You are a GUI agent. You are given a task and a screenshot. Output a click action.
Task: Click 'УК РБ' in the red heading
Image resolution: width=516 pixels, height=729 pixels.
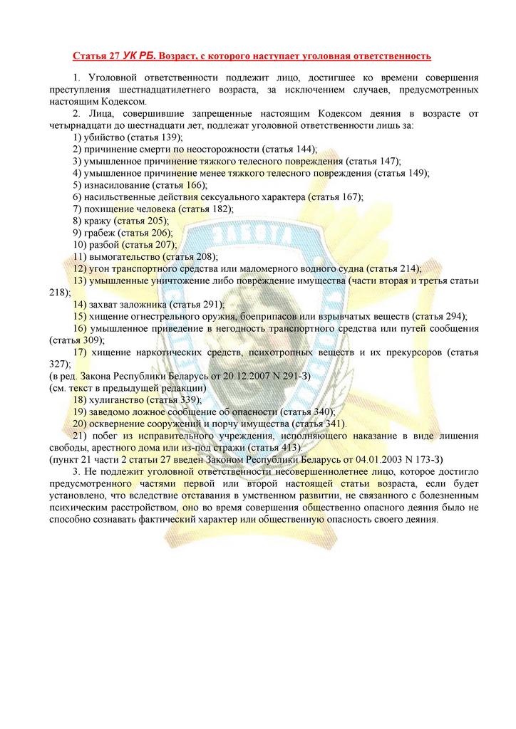pyautogui.click(x=139, y=56)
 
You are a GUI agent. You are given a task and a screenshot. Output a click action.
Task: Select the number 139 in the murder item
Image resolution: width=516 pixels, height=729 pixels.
pyautogui.click(x=171, y=137)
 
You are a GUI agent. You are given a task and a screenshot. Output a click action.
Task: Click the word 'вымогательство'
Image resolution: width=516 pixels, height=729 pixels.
pyautogui.click(x=123, y=256)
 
